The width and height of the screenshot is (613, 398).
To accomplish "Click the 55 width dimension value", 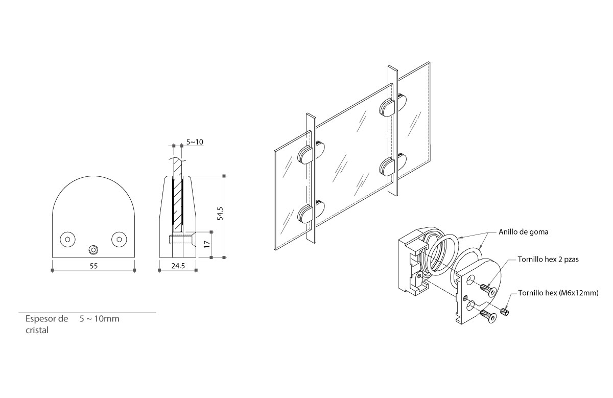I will click(93, 265).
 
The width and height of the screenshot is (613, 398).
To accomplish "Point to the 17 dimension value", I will click(206, 244).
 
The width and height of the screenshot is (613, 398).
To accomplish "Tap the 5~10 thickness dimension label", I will click(195, 142).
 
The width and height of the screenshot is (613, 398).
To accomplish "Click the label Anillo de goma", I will click(523, 231).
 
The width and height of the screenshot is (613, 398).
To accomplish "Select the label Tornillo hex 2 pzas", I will click(548, 259).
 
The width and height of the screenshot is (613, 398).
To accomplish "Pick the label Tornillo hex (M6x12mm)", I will click(554, 293).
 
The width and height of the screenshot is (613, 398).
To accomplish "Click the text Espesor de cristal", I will click(46, 324).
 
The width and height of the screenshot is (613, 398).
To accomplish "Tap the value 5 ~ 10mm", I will click(99, 319).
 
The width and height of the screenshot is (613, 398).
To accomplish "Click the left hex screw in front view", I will click(67, 239).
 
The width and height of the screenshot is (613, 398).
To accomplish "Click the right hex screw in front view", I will click(119, 239).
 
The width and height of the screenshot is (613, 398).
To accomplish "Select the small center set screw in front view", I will click(93, 249).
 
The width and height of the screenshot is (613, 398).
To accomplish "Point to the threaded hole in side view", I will click(180, 239).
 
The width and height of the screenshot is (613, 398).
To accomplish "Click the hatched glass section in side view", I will click(177, 204).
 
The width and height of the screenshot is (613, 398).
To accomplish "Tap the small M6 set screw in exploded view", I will click(506, 311).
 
